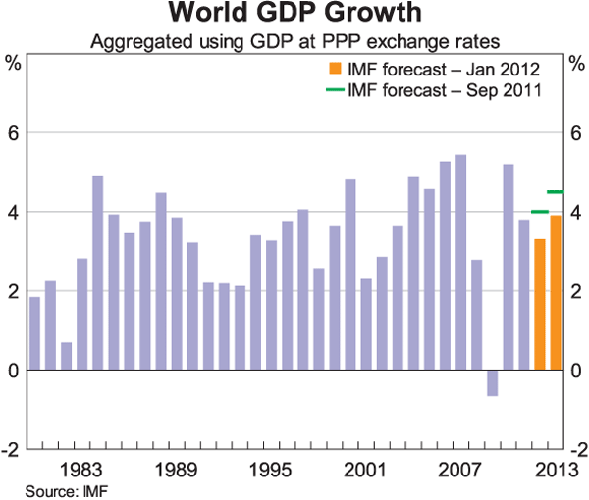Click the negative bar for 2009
point(492,383)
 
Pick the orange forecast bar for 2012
point(539,305)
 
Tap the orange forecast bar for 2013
point(555,293)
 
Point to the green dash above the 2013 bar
point(555,192)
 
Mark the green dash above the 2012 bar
point(539,212)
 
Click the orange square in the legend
point(335,70)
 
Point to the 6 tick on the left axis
point(15,132)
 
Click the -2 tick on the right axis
point(574,450)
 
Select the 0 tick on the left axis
point(15,371)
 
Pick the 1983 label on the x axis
point(82,469)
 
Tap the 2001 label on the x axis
point(365,469)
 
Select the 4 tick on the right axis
point(574,212)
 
